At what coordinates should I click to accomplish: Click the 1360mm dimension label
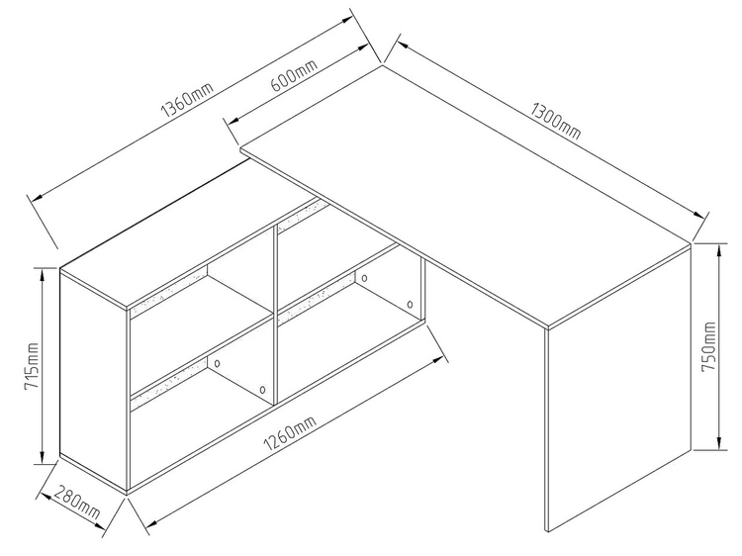pyautogui.click(x=187, y=100)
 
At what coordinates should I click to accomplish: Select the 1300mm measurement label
pyautogui.click(x=555, y=121)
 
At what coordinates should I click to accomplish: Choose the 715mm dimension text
pyautogui.click(x=32, y=366)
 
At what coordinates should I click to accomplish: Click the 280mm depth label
pyautogui.click(x=76, y=502)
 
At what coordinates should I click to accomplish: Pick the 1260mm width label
pyautogui.click(x=290, y=434)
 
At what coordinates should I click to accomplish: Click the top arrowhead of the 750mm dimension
pyautogui.click(x=719, y=250)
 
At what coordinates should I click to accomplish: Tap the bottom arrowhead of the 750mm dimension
pyautogui.click(x=719, y=442)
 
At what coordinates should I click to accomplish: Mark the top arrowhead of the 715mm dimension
pyautogui.click(x=44, y=276)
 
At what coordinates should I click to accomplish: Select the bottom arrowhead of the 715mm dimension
pyautogui.click(x=44, y=457)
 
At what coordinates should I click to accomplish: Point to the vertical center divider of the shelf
pyautogui.click(x=275, y=315)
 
